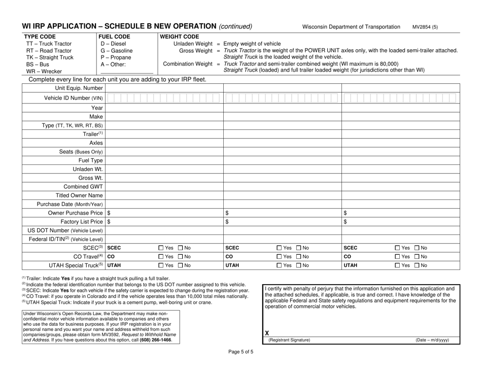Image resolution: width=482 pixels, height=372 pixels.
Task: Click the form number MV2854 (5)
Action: (425, 26)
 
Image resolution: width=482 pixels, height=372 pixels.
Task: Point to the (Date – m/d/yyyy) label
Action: (432, 340)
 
